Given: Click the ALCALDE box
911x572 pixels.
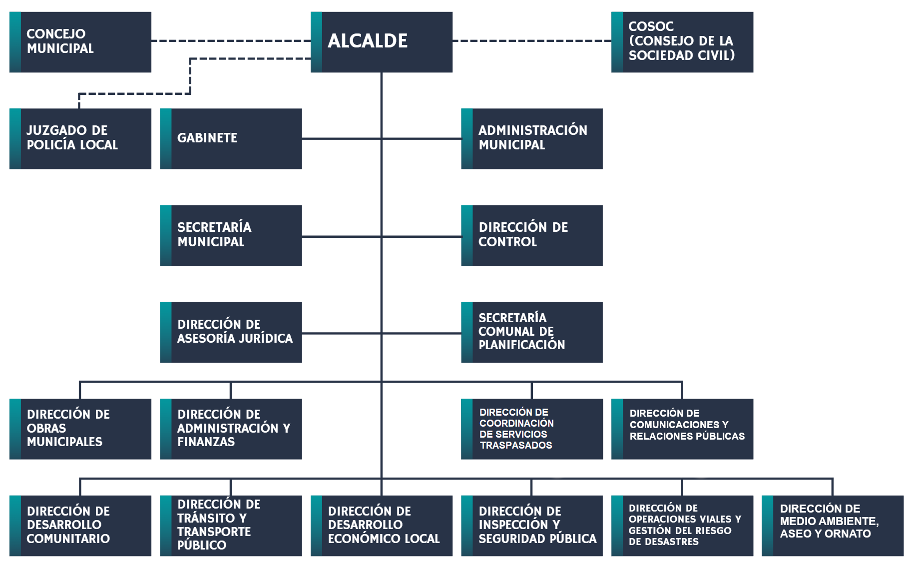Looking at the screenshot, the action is click(382, 42).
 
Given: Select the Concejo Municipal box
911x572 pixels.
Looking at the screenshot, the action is click(80, 42).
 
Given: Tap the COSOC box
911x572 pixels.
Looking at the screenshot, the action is click(682, 42).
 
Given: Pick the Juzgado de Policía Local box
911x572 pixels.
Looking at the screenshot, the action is click(80, 138).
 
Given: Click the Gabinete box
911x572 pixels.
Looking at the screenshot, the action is click(231, 138).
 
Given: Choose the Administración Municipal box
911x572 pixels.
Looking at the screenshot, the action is click(532, 138).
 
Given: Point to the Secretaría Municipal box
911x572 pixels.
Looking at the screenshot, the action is click(231, 235).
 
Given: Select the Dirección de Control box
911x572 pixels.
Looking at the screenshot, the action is click(532, 235).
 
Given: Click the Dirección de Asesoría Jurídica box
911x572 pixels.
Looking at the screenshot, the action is click(231, 332).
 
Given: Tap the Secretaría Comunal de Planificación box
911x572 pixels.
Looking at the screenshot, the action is click(532, 332).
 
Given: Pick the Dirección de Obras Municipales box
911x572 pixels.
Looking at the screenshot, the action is click(80, 429).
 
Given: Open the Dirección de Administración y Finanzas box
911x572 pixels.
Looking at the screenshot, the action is click(231, 429).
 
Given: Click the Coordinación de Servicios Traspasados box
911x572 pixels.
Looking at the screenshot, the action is click(532, 429).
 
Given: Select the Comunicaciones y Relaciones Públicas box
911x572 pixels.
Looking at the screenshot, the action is click(682, 429).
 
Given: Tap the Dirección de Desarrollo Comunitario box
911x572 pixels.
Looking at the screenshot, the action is click(80, 526).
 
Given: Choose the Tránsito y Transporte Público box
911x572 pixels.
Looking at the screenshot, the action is click(231, 526).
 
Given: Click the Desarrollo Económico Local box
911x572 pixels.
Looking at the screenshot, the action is click(382, 526).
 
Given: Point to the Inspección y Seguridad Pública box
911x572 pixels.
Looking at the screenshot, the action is click(532, 526).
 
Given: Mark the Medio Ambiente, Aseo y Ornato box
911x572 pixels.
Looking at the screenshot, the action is click(833, 526).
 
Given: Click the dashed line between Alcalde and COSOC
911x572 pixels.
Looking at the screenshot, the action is click(532, 41).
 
